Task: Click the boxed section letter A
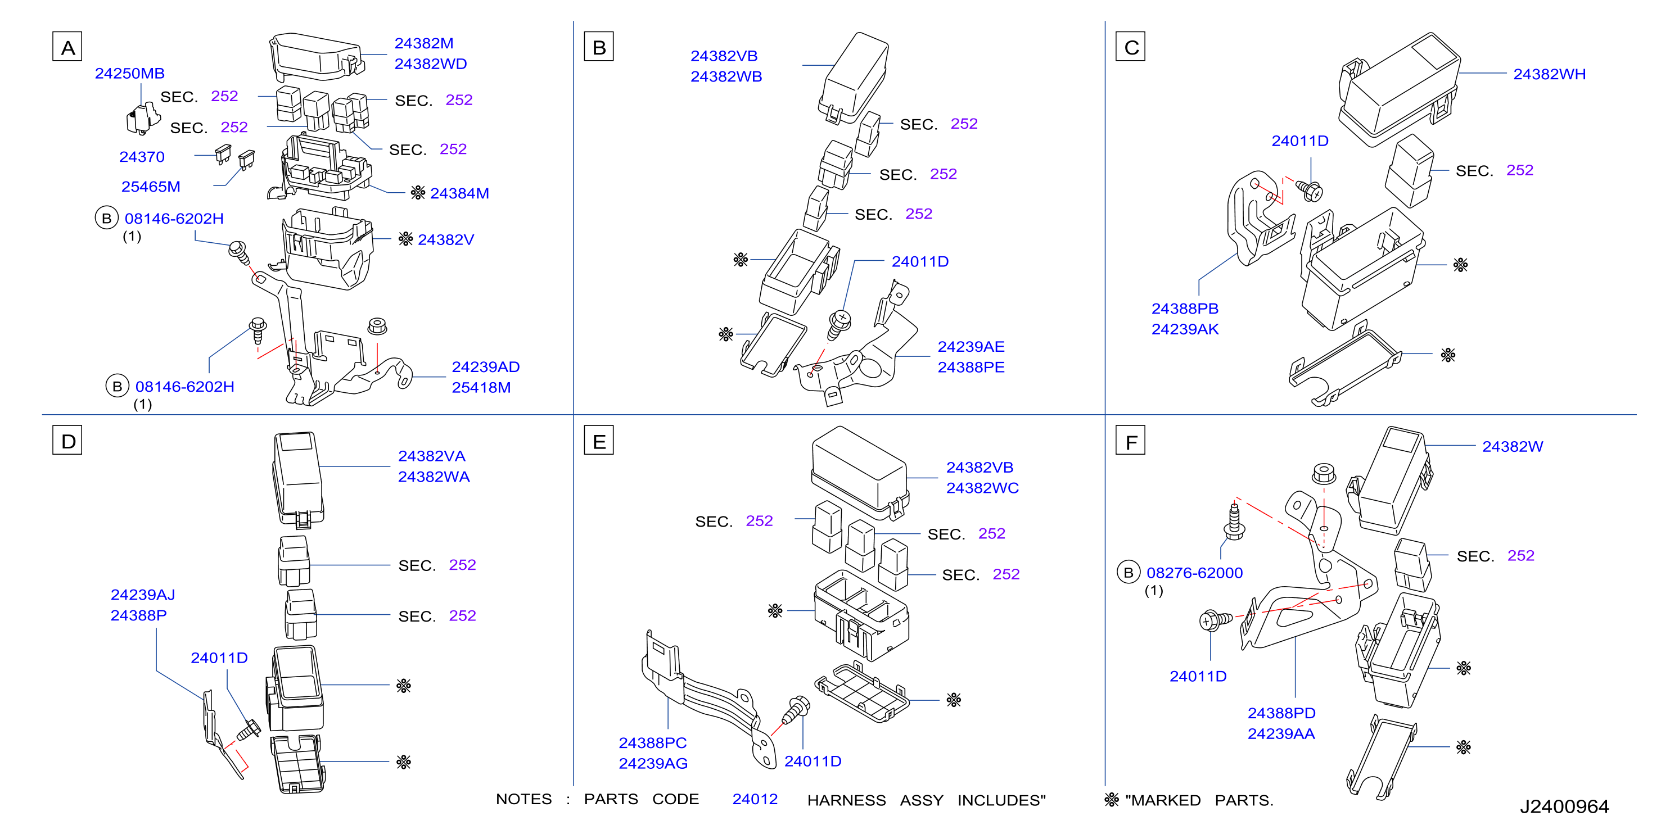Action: (67, 47)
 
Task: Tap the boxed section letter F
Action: (1130, 441)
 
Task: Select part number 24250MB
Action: (130, 73)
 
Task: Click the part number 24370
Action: (142, 156)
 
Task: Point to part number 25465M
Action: (151, 187)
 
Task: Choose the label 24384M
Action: (459, 193)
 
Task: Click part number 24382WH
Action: (1549, 74)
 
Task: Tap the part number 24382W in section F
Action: (1513, 446)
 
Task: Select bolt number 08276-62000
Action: (1195, 573)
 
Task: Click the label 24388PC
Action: (652, 743)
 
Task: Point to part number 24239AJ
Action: (143, 595)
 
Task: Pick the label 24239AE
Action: (971, 347)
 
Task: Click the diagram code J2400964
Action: (1564, 806)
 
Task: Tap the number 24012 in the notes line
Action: (755, 800)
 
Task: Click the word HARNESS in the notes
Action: (847, 800)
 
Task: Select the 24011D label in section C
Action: (1299, 140)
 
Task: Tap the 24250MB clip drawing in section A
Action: (143, 119)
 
